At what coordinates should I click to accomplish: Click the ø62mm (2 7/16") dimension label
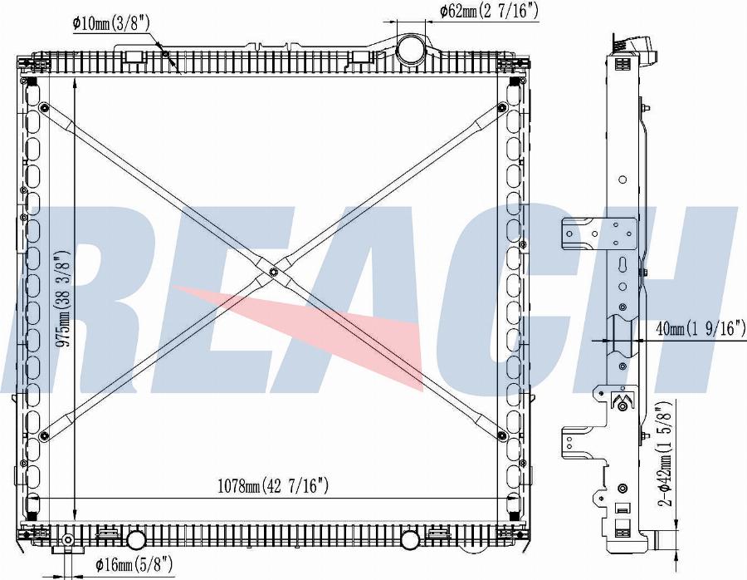coord(489,11)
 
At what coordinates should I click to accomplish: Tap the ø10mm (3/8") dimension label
coord(111,22)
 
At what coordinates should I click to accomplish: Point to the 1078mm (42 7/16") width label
coord(273,486)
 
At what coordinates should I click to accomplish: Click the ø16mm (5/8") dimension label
coord(134,565)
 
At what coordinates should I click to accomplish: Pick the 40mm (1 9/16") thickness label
coord(701,328)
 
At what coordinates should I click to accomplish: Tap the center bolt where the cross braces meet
coord(273,273)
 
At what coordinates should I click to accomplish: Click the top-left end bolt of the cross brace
coord(44,107)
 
